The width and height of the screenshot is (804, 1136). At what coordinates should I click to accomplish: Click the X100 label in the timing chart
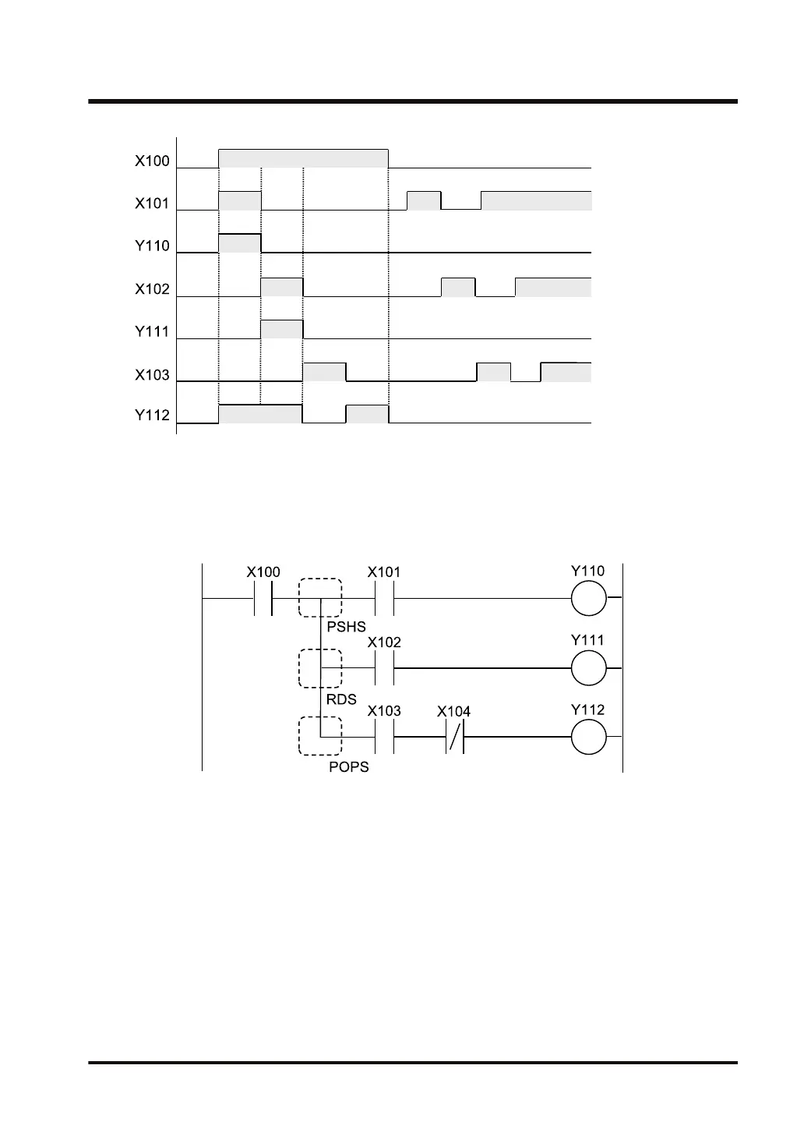coord(152,161)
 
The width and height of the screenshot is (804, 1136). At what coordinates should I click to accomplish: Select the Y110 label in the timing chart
coord(152,246)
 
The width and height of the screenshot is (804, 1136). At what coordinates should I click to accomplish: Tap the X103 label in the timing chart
coord(152,375)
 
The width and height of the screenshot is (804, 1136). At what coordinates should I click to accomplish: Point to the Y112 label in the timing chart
coord(152,416)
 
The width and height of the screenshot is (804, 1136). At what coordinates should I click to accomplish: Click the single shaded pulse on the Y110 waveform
coord(240,243)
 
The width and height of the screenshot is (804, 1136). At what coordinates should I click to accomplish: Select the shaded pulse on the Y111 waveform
coord(281,329)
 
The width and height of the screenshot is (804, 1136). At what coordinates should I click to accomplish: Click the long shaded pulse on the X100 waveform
coord(303,158)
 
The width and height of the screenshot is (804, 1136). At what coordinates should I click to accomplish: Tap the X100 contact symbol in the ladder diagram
coord(263,599)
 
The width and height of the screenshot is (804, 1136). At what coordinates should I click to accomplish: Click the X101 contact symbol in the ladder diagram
coord(384,599)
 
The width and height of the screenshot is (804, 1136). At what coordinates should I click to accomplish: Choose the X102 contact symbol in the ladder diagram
coord(384,668)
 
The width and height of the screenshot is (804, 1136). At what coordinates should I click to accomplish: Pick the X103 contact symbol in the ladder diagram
coord(384,737)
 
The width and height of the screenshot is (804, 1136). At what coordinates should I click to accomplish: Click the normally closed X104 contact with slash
coord(455,737)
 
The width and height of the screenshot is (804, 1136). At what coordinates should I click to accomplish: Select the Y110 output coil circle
coord(588,599)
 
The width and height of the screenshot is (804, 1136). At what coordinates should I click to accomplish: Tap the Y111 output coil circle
coord(588,668)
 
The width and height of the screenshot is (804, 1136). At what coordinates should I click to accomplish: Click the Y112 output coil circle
coord(588,737)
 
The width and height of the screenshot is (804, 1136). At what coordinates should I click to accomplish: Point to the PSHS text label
coord(346,627)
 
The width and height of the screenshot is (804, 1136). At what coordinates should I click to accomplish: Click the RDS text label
coord(341,699)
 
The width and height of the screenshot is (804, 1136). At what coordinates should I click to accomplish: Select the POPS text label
coord(349,767)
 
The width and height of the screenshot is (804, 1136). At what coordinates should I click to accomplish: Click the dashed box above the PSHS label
coord(320,598)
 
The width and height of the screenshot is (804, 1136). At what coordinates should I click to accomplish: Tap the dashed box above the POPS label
coord(320,736)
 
